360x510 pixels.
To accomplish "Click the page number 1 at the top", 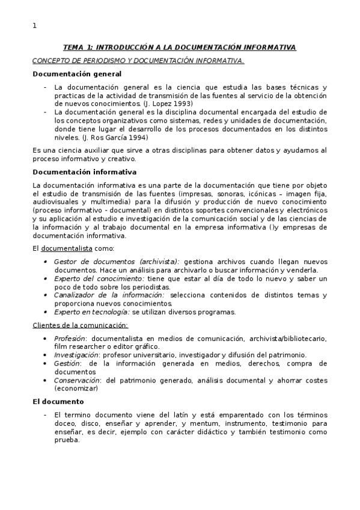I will coord(34,25).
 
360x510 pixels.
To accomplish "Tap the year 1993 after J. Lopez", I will coord(166,103).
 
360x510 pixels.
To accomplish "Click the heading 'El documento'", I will coord(58,401).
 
